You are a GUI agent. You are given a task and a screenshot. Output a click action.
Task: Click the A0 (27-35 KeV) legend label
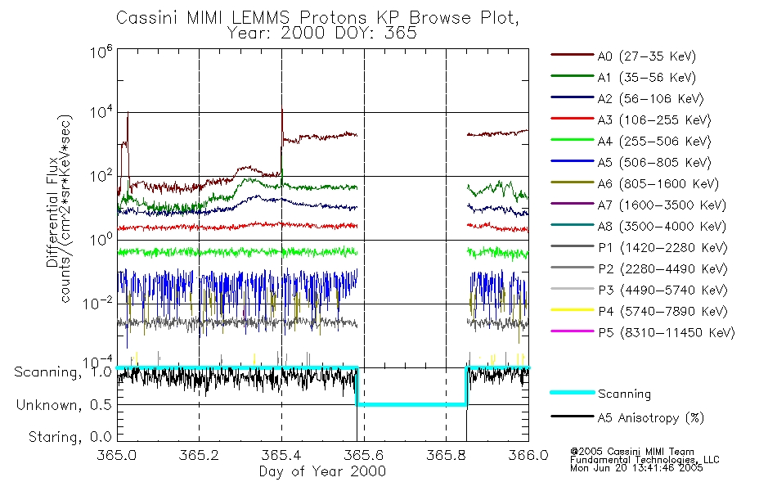point(646,56)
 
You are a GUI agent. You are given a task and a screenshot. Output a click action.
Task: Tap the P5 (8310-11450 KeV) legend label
point(666,332)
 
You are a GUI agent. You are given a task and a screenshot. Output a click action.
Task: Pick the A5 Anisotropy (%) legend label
point(650,418)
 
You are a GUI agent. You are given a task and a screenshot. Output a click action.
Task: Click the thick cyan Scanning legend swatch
point(571,393)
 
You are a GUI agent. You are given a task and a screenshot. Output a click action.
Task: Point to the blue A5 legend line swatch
point(571,162)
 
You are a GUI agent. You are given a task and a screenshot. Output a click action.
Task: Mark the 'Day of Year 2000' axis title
point(322,471)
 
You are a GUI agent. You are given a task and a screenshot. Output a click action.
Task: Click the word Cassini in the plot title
point(141,18)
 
